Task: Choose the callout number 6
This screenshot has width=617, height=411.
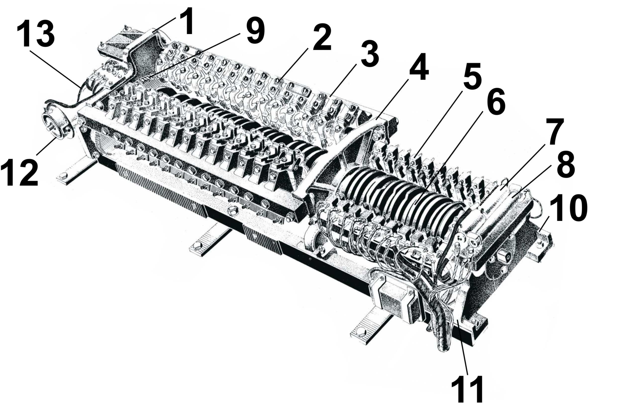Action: click(x=496, y=101)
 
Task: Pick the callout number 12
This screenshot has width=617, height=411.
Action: click(x=19, y=172)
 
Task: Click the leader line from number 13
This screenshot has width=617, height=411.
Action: click(x=55, y=69)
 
